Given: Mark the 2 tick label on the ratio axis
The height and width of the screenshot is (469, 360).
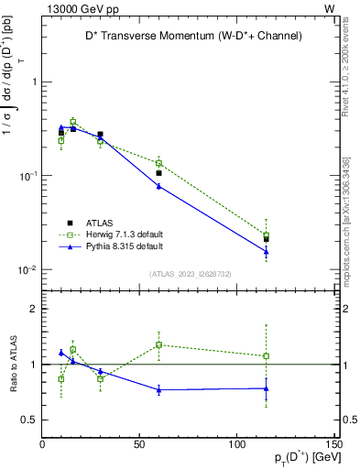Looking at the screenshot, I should (x=33, y=309).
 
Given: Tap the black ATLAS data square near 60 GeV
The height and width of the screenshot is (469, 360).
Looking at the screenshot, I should (x=158, y=172).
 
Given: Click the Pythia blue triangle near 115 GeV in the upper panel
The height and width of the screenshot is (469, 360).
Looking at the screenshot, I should (x=266, y=251).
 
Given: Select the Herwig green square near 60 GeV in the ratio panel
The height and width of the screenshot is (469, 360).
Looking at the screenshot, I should (x=158, y=344).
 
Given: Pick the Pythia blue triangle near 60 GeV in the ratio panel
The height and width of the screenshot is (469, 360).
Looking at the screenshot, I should (x=158, y=389).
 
